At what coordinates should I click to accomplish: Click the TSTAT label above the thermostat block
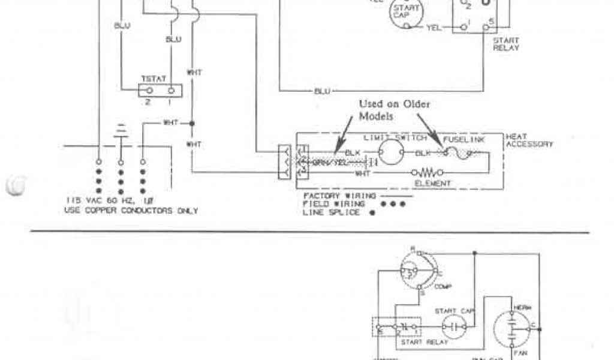click(x=149, y=79)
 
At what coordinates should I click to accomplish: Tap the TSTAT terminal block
click(x=160, y=91)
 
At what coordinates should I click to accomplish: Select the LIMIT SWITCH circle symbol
click(x=395, y=153)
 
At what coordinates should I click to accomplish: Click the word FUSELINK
click(x=462, y=139)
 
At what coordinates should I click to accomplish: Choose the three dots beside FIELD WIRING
click(x=393, y=204)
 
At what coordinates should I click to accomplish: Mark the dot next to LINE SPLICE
click(x=372, y=213)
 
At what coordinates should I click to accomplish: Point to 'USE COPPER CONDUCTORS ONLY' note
click(x=131, y=211)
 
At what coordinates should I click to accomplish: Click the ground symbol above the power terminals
click(x=121, y=131)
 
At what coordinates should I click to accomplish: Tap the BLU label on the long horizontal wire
click(x=321, y=91)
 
